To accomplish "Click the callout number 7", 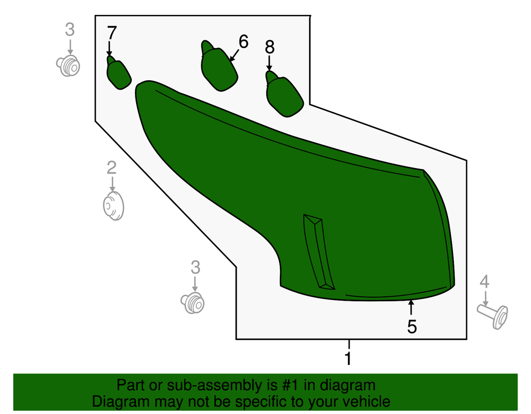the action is click(x=112, y=33).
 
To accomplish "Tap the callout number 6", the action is click(x=243, y=41).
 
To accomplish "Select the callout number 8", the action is click(x=269, y=47).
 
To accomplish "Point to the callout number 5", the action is click(x=412, y=327).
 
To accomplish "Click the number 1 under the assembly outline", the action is click(x=348, y=358).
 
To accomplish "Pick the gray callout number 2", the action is click(x=112, y=168).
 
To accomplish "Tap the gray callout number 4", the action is click(x=485, y=281).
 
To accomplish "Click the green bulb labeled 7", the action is click(x=118, y=73).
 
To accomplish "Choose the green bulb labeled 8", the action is click(x=284, y=95).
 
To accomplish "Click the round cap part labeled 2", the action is click(x=113, y=206).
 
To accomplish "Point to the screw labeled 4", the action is click(x=493, y=316).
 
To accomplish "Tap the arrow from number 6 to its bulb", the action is click(x=235, y=55).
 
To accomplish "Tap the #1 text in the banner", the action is click(x=291, y=385).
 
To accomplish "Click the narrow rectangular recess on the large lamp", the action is click(x=319, y=251).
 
